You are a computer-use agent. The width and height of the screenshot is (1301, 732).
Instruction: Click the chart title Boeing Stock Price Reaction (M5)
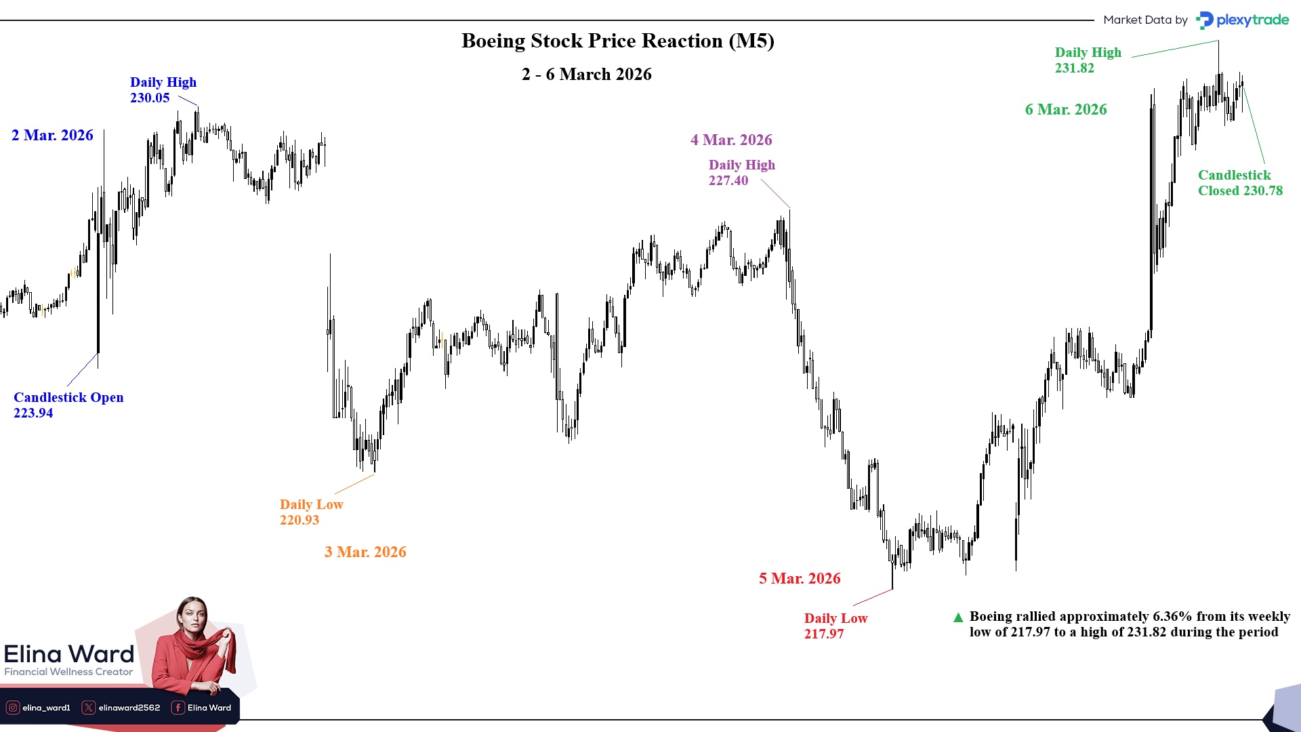(617, 41)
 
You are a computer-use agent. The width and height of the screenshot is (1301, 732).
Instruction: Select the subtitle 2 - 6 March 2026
(586, 75)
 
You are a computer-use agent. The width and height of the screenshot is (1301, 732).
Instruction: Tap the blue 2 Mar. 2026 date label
(52, 136)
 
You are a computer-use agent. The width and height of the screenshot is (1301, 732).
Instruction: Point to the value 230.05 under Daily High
(150, 98)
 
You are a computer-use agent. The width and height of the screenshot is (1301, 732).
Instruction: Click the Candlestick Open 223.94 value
(33, 413)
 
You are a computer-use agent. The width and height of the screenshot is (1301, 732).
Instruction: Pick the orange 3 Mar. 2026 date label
(365, 552)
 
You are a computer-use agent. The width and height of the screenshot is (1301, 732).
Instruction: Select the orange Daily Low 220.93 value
(300, 521)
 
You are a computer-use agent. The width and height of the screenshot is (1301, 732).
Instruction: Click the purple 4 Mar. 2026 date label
(731, 140)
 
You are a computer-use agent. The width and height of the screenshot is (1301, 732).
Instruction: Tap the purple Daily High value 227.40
(728, 181)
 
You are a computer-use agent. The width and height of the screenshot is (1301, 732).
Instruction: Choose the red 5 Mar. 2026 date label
(800, 579)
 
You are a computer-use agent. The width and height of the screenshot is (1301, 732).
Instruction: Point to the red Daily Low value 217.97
(824, 634)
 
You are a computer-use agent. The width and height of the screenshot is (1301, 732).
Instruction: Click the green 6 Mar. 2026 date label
(1066, 110)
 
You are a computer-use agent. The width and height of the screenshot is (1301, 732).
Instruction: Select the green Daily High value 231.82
(1075, 68)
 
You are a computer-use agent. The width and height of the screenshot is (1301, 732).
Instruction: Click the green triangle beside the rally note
(958, 617)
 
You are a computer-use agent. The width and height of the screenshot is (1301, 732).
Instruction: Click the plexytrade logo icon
(1204, 20)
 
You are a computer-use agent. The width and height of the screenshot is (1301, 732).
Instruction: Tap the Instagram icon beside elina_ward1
(13, 708)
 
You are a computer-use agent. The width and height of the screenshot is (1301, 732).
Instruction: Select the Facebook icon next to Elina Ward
(178, 708)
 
